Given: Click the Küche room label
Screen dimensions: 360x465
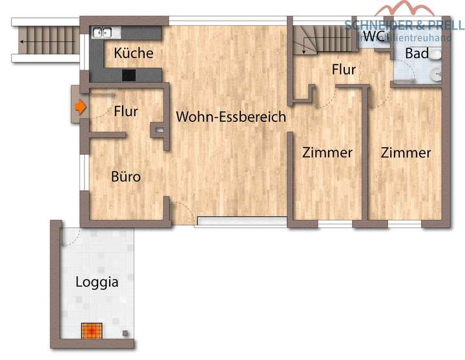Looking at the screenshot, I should pos(134,53).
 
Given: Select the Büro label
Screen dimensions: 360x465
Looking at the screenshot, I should pos(125,176).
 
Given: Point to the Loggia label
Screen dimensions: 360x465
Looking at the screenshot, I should pos(97,282).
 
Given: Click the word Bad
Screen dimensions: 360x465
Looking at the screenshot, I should pos(417,54).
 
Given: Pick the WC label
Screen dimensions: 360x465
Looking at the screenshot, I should pos(373,37).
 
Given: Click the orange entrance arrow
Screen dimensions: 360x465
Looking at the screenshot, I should pos(80,107).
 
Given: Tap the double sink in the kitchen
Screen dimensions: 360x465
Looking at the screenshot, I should pos(103,32).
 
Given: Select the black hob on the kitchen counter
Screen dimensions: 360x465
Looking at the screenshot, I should pos(129,75).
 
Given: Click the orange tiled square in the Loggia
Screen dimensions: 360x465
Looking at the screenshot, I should pos(92,330).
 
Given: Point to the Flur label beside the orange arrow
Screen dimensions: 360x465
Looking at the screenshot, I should pos(126,111).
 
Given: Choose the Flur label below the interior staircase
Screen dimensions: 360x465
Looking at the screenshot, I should pos(344,69).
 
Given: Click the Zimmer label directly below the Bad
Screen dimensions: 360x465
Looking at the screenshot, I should pos(406,153).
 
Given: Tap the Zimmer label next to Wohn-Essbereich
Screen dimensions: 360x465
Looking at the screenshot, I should pos(328,153).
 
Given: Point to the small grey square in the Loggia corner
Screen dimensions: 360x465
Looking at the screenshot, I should pos(125,334).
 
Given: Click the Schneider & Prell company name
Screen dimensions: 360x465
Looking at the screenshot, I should pos(404,25).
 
